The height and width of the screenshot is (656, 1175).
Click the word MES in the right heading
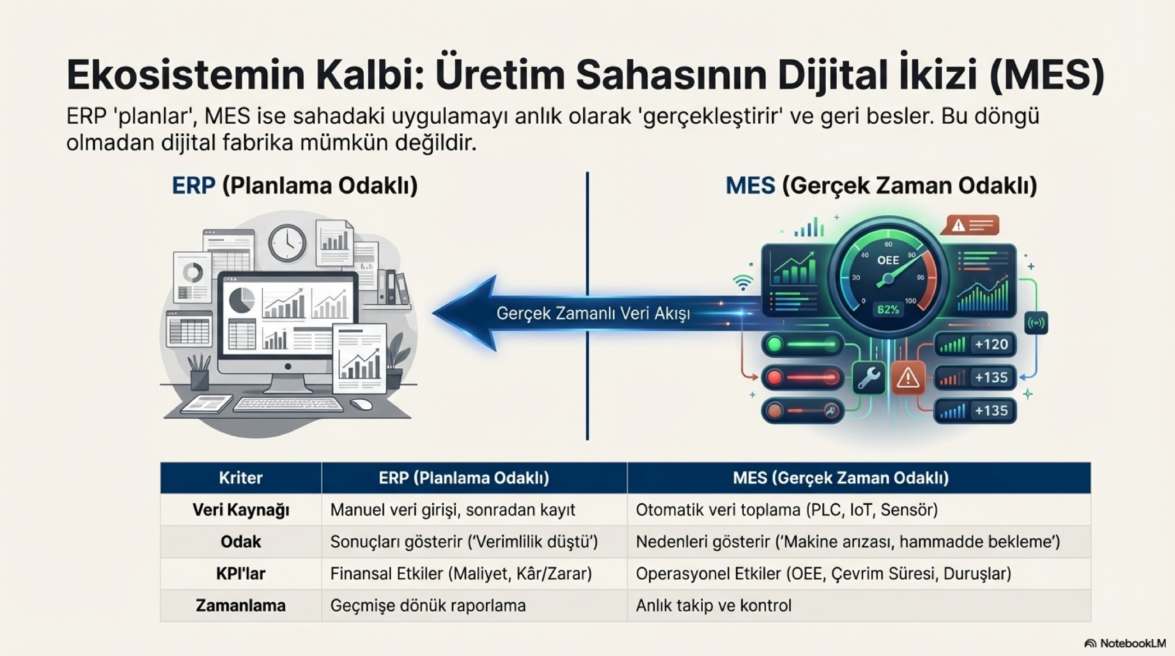click(x=750, y=185)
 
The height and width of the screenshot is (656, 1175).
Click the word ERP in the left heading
click(x=193, y=185)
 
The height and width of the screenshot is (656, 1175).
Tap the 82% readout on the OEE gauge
click(x=888, y=310)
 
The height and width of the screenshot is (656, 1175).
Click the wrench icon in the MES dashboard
click(x=868, y=378)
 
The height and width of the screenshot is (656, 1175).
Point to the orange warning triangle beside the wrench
click(x=908, y=378)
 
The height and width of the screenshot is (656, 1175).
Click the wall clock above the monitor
click(x=287, y=242)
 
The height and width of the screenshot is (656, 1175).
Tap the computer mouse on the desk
click(x=362, y=404)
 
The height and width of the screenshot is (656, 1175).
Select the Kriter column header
click(x=241, y=478)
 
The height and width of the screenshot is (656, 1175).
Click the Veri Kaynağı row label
click(x=241, y=510)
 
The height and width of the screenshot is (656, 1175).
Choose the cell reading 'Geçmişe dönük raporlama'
click(x=428, y=605)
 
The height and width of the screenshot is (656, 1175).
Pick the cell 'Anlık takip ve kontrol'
click(x=713, y=605)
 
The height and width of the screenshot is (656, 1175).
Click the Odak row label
click(x=241, y=542)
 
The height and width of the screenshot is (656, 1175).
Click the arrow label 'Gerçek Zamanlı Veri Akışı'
click(x=592, y=313)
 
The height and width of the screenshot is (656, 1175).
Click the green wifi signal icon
click(x=743, y=282)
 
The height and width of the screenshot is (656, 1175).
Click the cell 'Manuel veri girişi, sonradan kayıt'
click(x=452, y=510)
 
